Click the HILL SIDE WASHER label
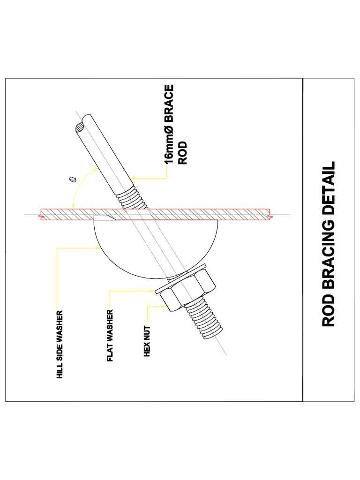point(60,344)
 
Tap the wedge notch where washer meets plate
point(104,217)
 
